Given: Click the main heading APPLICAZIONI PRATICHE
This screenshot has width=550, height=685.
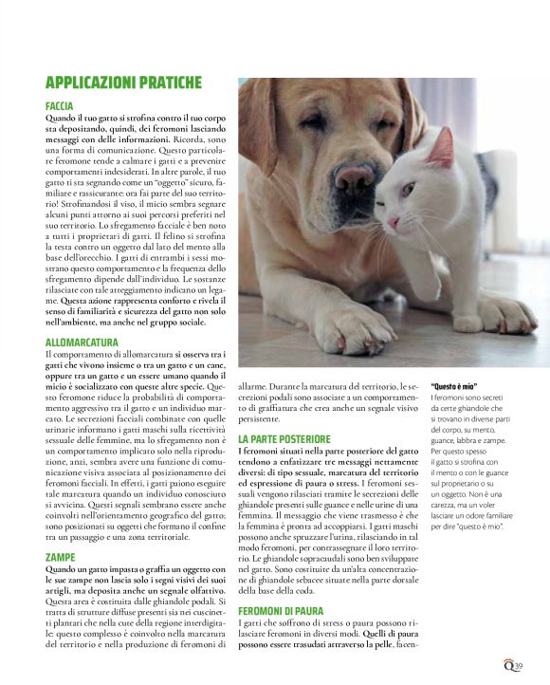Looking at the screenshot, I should click(x=123, y=82).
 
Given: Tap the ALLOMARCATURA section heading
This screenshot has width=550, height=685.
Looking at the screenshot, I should click(x=82, y=342).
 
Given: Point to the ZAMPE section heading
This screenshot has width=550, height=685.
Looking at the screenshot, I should click(x=59, y=556).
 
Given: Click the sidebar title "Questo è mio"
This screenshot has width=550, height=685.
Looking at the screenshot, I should click(x=456, y=387).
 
